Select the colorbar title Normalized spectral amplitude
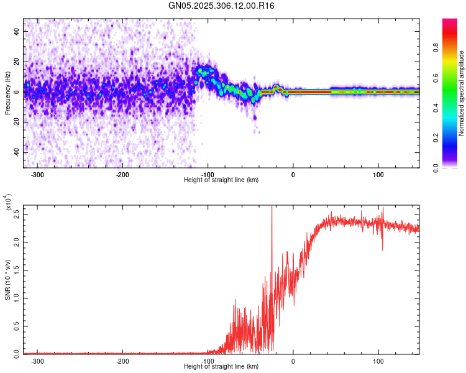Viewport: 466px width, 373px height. (x=462, y=93)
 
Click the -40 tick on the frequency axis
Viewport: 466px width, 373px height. (x=17, y=153)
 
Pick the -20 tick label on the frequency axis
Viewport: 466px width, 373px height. (x=17, y=122)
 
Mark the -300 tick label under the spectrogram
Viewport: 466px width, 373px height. (x=38, y=175)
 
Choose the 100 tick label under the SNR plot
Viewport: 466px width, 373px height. (x=378, y=361)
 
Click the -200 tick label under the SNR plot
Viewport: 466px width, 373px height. (x=123, y=361)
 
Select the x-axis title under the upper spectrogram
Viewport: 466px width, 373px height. (x=221, y=180)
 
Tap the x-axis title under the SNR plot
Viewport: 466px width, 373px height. (x=221, y=366)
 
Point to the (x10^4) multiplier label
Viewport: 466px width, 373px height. (x=9, y=203)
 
